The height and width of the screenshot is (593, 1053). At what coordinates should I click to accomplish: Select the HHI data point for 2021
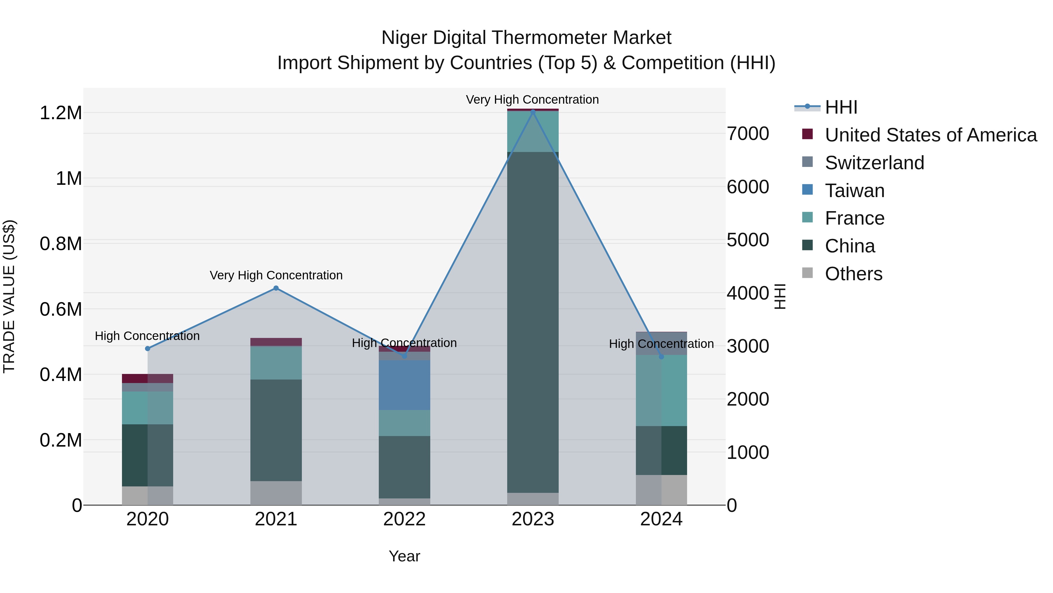(x=276, y=288)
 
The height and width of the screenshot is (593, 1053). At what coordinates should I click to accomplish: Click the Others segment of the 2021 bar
(x=276, y=493)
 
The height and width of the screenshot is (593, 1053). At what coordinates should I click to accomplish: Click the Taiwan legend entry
(x=854, y=191)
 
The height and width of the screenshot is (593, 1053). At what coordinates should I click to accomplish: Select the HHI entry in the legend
(x=840, y=107)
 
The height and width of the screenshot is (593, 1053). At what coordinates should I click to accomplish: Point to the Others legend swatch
(x=807, y=273)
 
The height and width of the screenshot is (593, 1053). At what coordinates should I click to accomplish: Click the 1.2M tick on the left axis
(x=61, y=113)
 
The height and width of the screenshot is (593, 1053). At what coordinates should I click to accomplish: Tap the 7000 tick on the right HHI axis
(x=748, y=134)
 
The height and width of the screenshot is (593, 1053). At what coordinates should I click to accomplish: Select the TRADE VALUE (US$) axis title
(x=9, y=296)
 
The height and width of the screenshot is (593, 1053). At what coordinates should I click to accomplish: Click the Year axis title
(x=404, y=556)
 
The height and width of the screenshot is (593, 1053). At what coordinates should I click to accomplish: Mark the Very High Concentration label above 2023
(x=532, y=100)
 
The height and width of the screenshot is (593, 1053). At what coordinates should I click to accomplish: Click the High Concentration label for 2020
(x=147, y=336)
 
